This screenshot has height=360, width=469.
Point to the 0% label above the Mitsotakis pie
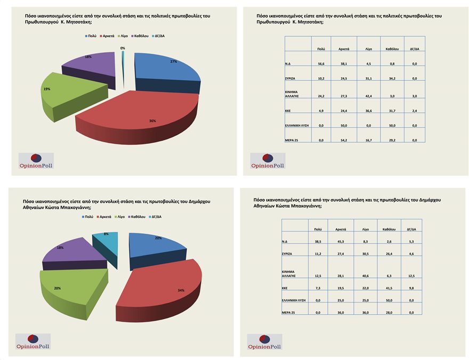123,48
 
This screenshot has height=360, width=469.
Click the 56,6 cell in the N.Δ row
321,63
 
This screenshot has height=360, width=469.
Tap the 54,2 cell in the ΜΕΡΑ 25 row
344,140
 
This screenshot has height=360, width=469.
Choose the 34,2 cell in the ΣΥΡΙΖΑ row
392,78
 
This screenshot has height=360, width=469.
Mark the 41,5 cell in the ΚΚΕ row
388,288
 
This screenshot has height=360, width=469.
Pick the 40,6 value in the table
365,275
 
